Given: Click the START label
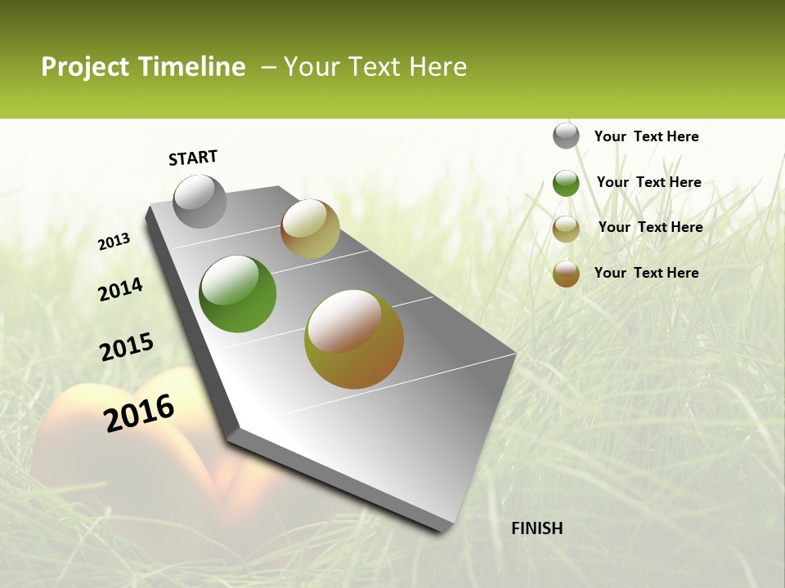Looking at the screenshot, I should click(193, 158).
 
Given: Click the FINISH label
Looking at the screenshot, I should click(536, 528).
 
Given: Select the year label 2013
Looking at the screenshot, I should click(114, 242).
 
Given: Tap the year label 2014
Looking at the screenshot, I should click(121, 289).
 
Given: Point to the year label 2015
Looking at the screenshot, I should click(127, 346).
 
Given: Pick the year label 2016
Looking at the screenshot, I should click(140, 412).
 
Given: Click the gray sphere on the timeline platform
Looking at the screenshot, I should click(200, 202).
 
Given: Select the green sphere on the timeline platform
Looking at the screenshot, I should click(238, 294).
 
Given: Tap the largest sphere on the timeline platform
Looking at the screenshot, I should click(354, 339).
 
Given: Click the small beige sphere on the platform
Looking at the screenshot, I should click(310, 229).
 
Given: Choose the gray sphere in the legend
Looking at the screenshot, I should click(566, 136).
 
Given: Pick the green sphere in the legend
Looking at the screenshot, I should click(566, 183).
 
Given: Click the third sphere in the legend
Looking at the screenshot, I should click(566, 229).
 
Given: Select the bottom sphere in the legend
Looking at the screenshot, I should click(566, 274).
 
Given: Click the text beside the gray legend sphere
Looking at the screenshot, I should click(646, 136).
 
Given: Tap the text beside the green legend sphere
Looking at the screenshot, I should click(648, 182).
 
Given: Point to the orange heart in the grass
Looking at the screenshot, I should click(123, 457).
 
